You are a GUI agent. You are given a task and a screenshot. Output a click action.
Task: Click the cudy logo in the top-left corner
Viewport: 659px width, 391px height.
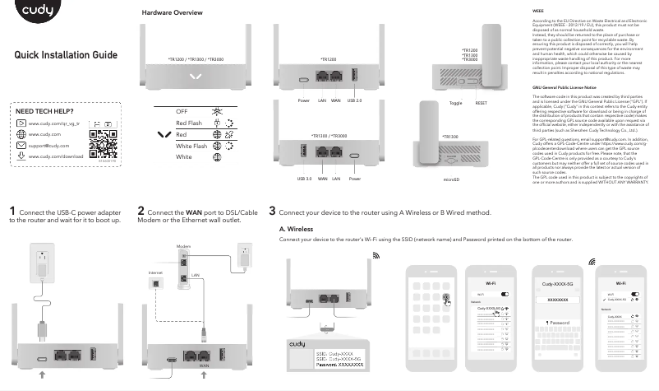tap(33, 14)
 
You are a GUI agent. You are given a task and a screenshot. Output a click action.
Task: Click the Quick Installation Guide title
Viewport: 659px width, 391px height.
tap(66, 55)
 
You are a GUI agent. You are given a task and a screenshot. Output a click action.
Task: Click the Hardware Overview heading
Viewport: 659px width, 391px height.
tap(173, 14)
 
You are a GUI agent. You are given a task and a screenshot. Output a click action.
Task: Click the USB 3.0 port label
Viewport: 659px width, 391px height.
tap(303, 178)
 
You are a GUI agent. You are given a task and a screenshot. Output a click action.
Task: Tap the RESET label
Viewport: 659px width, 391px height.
tap(482, 102)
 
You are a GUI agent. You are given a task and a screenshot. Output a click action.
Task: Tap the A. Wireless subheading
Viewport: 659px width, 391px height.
tap(297, 229)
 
